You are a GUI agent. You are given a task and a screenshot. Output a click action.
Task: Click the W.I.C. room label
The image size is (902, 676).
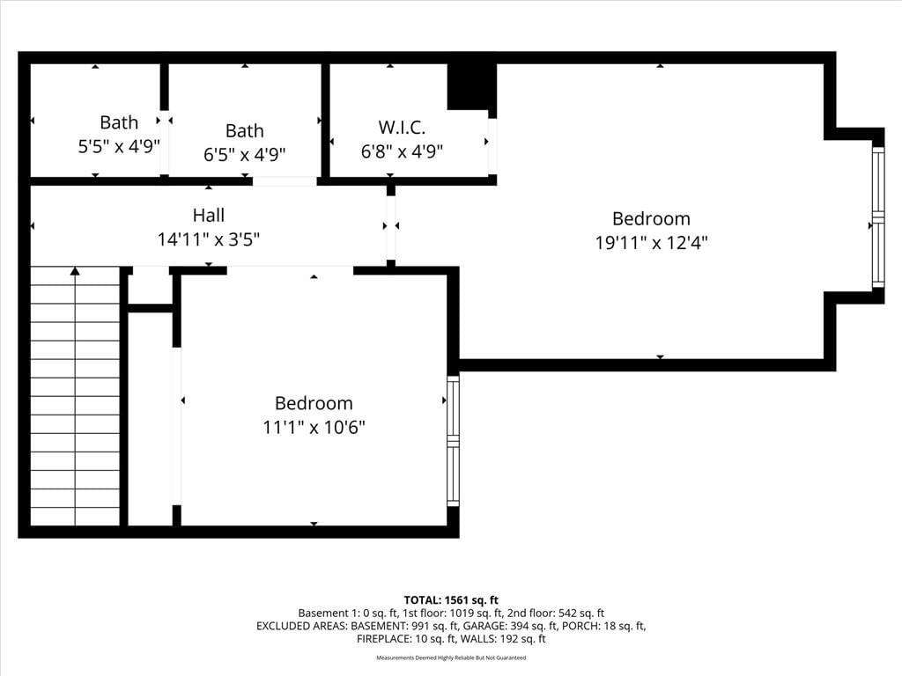402,127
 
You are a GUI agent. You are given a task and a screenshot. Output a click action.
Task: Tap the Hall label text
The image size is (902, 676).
208,215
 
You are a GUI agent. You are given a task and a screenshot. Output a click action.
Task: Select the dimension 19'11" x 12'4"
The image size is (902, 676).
651,243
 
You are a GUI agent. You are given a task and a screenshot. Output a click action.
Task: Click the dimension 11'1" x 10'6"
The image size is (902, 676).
314,428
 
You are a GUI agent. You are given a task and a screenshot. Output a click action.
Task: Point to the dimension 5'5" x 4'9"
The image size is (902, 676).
119,146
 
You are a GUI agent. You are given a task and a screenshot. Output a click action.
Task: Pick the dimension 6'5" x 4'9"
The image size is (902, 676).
245,155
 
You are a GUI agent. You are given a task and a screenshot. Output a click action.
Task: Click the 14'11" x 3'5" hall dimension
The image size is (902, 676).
209,239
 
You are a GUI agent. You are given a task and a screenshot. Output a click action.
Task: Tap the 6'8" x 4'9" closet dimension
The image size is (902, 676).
402,151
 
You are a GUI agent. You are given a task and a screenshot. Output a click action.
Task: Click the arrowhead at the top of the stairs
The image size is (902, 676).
76,271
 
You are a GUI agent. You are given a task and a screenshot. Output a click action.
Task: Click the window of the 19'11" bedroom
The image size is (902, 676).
878,217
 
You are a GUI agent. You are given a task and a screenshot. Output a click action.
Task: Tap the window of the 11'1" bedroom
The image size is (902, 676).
454,441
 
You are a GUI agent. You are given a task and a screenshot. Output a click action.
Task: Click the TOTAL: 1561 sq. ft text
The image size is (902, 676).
451,600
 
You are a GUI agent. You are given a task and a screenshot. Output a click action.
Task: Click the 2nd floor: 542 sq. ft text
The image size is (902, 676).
556,614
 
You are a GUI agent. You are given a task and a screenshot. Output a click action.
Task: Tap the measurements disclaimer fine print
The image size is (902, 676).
451,658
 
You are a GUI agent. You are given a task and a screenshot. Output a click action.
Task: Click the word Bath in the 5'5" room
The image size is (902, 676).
119,122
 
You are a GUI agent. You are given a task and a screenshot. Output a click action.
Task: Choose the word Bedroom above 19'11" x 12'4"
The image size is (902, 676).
651,218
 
